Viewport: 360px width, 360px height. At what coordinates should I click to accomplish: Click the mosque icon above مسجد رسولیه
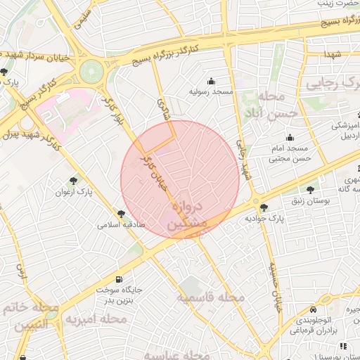210,81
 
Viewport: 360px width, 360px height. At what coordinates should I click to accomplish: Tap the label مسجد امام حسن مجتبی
289,154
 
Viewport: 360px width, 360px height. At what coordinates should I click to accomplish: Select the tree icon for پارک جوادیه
264,207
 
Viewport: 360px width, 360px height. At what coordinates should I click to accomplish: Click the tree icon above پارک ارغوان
74,181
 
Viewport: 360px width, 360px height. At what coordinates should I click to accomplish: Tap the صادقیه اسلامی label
121,225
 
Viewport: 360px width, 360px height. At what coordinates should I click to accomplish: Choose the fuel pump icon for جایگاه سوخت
126,278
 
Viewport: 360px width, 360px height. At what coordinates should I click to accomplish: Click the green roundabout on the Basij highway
91,71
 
